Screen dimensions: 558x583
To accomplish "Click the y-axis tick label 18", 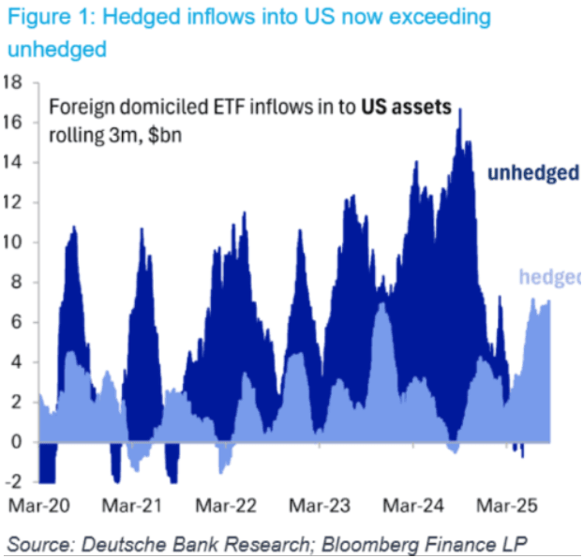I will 13,81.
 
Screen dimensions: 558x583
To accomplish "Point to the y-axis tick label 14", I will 13,162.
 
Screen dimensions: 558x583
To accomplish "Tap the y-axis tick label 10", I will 13,242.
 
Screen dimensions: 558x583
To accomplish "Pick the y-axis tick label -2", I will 14,481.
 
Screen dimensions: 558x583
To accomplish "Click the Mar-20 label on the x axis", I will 38,506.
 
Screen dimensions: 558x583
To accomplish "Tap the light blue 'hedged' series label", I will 548,276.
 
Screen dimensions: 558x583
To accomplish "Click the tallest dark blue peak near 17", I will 460,110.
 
